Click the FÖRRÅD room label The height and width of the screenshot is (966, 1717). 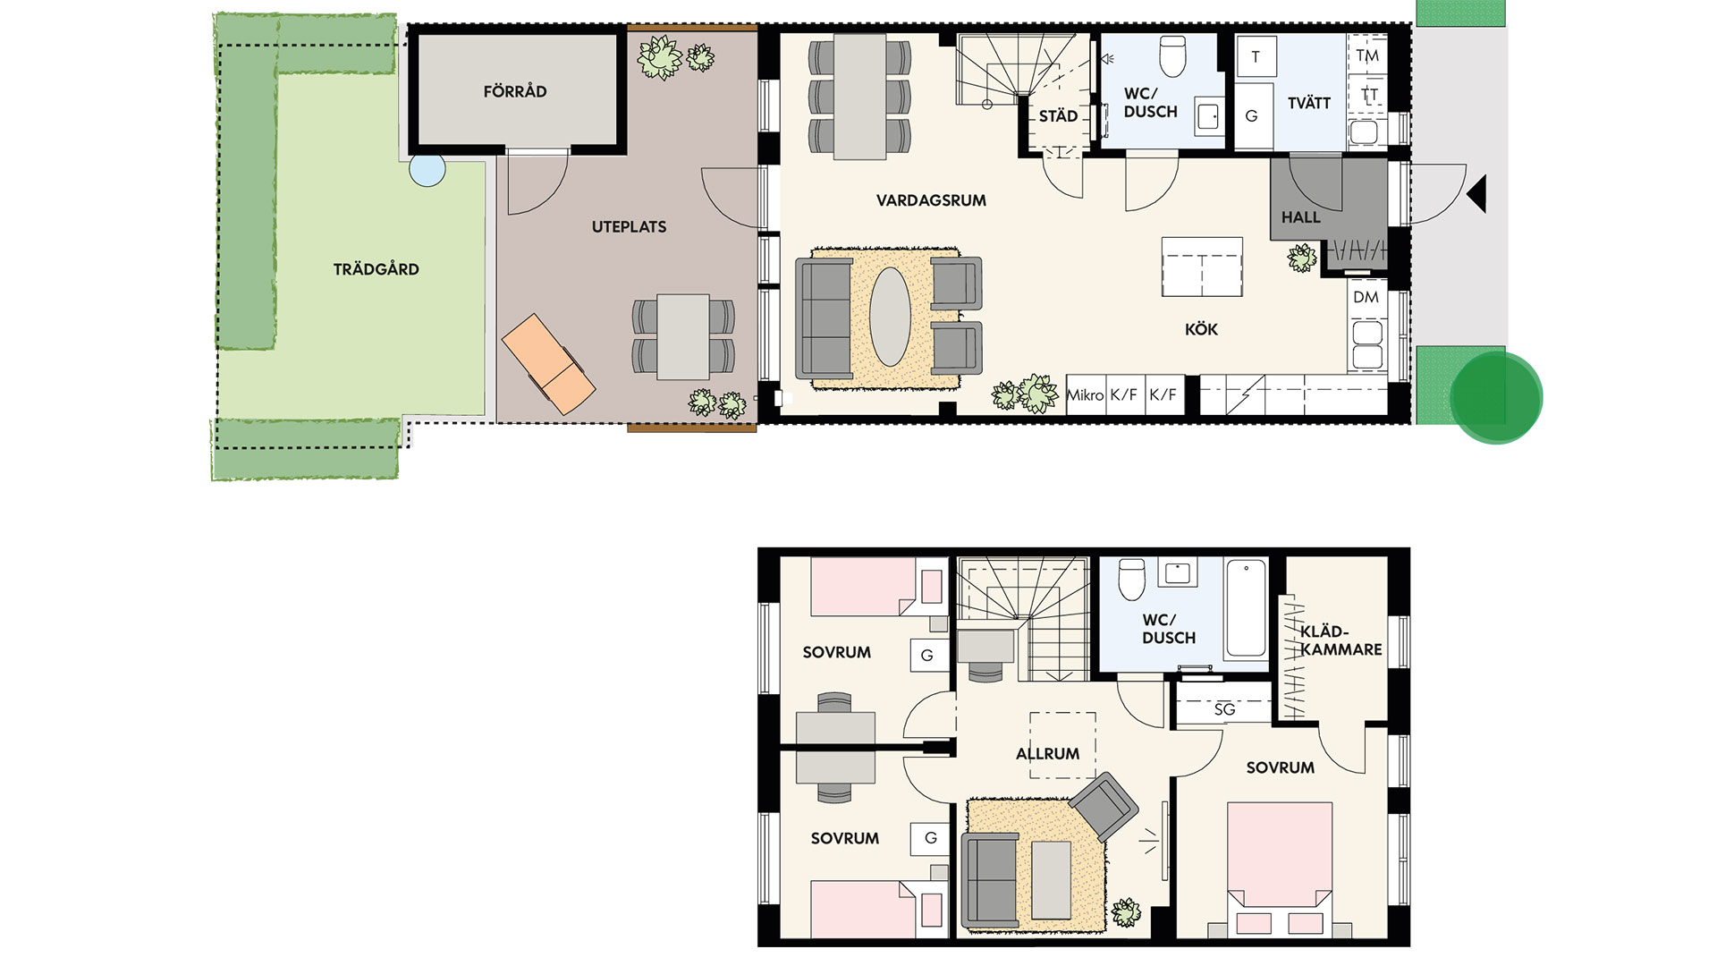(515, 91)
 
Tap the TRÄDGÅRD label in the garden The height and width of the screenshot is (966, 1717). (376, 269)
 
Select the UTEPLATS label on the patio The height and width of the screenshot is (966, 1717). (629, 227)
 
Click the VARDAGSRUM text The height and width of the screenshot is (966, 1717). (931, 200)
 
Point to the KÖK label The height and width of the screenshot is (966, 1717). (1201, 329)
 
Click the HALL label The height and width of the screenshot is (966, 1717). (1300, 217)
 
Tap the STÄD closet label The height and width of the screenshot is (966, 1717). (1058, 116)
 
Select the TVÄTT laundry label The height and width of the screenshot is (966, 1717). (1309, 103)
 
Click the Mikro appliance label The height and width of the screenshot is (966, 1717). (1086, 394)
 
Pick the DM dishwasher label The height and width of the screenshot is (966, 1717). (1366, 297)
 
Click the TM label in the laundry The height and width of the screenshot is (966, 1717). (1367, 55)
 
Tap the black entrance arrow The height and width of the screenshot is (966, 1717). (1476, 194)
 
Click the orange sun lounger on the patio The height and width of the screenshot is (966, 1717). (548, 363)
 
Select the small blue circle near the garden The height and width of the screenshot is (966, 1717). (427, 170)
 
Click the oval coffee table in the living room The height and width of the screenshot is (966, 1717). (890, 317)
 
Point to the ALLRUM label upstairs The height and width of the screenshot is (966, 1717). (1047, 754)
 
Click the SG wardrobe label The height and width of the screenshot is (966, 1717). (1224, 709)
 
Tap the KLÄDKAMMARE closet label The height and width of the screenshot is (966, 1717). (1341, 640)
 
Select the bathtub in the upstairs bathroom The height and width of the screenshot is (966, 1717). (1246, 608)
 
